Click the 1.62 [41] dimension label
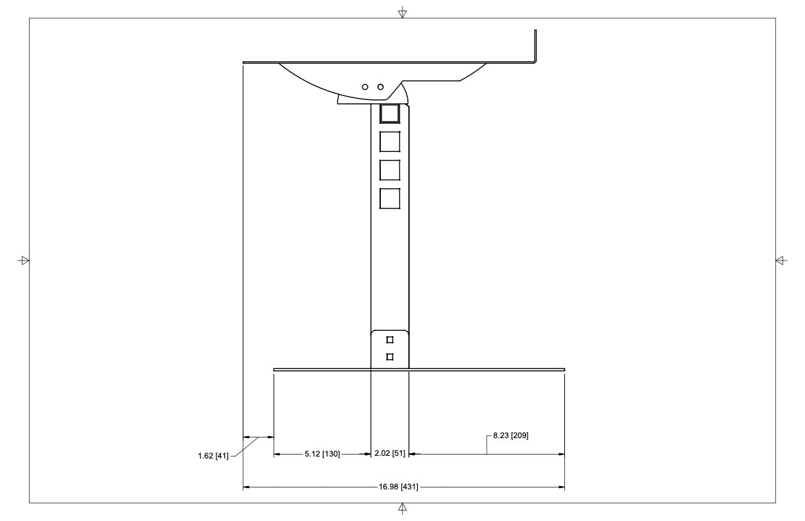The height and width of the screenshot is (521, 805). coord(213,456)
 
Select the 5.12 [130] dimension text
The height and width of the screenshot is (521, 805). coord(322,454)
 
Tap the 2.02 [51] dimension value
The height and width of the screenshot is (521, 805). coord(389,454)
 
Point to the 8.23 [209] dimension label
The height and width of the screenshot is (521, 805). coord(511,435)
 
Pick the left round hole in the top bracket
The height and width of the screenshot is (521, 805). coord(366,87)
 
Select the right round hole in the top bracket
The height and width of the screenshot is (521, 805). coord(380,87)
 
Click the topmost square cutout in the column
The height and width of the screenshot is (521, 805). coord(390,113)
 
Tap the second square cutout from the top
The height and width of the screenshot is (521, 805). coord(390,141)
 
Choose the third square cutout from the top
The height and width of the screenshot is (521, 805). coord(390,170)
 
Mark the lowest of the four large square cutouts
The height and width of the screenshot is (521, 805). coord(390,199)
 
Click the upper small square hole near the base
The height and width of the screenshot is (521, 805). coord(390,340)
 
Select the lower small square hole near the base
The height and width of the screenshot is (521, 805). coord(390,357)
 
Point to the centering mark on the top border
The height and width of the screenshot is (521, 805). coord(402,12)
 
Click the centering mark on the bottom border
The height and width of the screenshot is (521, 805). coord(402,508)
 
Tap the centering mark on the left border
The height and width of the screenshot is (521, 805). coord(24,260)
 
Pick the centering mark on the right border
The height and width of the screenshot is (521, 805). coord(781,260)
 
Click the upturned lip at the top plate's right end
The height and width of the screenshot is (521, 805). coord(535,46)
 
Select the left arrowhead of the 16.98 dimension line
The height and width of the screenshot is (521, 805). coord(247,487)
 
